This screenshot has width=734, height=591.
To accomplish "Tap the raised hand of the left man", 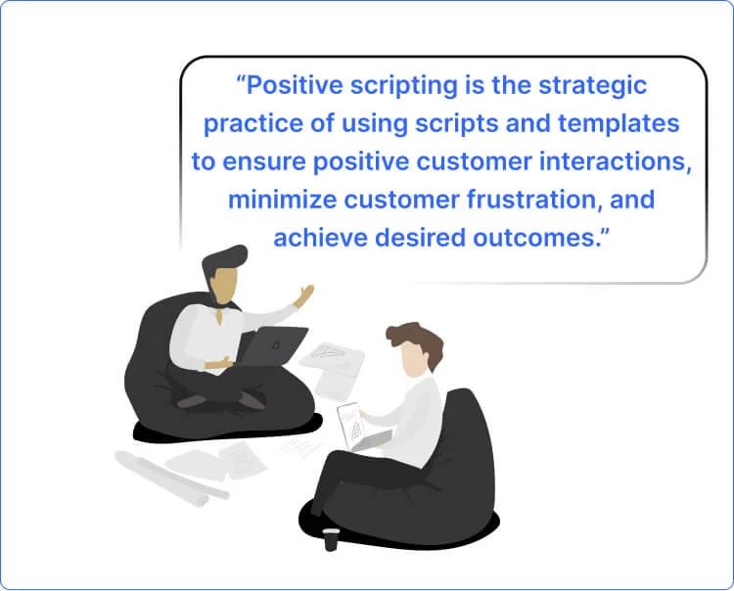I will click(305, 294).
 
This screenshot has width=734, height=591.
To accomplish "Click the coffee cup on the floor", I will click(332, 537).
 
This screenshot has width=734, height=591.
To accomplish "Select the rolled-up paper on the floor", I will click(161, 476).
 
